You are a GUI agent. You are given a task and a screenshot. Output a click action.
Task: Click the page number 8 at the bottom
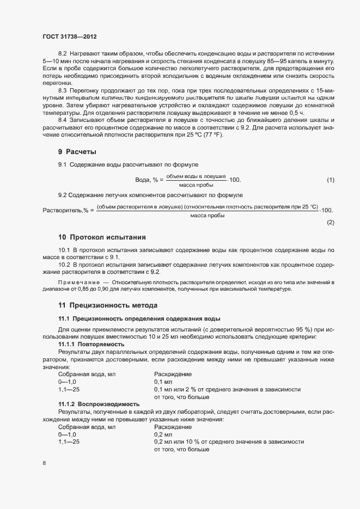tap(44, 463)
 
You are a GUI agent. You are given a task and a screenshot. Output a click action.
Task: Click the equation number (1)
tap(330, 180)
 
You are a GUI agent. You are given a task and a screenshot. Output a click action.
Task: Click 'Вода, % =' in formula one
tap(150, 180)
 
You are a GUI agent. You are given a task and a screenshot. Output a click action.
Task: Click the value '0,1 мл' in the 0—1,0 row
tap(163, 382)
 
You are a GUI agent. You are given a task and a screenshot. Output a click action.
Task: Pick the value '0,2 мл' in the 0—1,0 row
tap(163, 434)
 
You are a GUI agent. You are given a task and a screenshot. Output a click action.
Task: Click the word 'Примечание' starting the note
tap(77, 282)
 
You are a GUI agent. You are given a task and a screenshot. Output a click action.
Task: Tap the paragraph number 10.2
tap(64, 263)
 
